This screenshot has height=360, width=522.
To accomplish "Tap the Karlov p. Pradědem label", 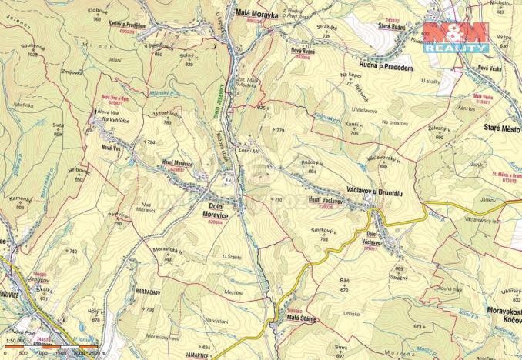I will point(126,24).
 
